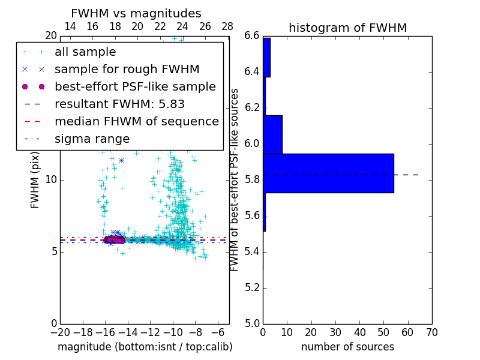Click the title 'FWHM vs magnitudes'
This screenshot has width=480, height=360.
136,13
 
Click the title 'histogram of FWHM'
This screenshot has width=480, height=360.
347,28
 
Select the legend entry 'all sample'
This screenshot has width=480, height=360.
85,52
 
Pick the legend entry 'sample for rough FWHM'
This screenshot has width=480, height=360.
127,70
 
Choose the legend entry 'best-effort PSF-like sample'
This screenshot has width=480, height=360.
135,87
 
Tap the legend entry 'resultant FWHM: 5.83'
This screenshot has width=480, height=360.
119,104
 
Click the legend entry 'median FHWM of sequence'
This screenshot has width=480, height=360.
136,122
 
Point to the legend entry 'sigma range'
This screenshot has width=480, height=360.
92,139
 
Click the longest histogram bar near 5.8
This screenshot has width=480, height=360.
328,173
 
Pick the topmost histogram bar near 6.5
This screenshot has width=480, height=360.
266,58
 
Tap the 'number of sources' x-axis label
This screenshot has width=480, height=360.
347,347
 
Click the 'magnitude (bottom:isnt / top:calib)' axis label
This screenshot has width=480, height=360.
145,347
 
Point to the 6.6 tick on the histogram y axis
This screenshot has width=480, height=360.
252,36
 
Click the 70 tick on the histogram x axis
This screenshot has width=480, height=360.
431,332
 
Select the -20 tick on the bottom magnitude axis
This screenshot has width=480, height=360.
60,332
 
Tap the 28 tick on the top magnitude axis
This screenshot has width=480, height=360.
227,26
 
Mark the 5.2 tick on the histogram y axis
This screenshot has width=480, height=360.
252,287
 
